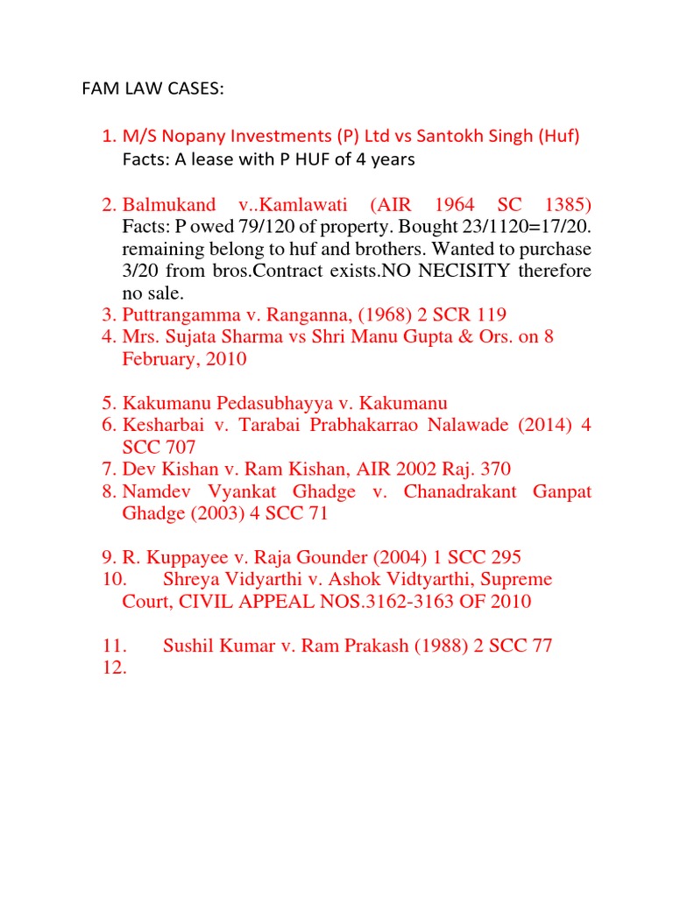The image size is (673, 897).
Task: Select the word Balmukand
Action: [169, 205]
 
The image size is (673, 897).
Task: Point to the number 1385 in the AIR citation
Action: [564, 205]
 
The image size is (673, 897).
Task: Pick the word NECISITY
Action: [471, 270]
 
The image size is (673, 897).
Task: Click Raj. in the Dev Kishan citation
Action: [461, 470]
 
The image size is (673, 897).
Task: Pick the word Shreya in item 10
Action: [190, 580]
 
